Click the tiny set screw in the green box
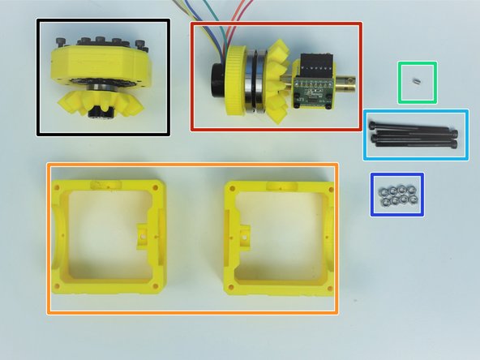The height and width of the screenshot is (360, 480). [416, 82]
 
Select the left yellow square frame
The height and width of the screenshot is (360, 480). [61, 243]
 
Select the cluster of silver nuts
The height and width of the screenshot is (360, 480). [396, 195]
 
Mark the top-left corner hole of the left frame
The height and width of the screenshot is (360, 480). [58, 187]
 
